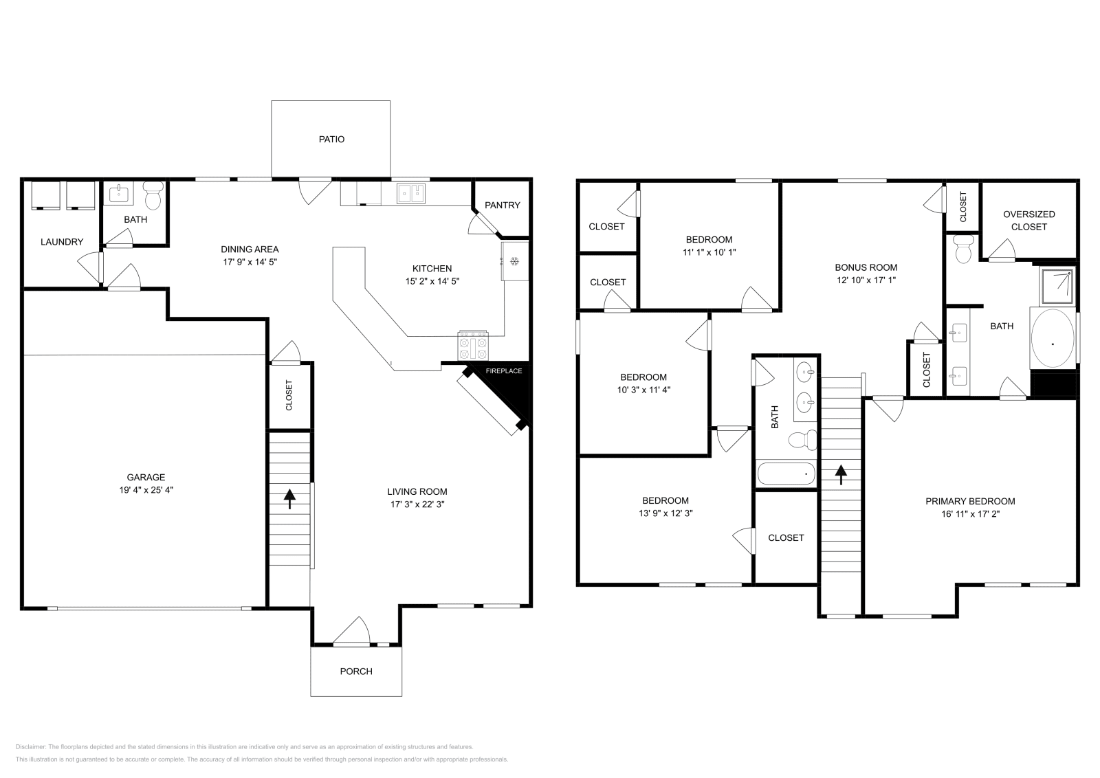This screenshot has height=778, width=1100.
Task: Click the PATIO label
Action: (331, 140)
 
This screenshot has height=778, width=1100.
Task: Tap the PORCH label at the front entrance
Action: (356, 671)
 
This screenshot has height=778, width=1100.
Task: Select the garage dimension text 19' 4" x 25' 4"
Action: (146, 490)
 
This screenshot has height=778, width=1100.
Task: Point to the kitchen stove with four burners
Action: (474, 345)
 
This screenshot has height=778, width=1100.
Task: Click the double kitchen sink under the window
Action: (412, 194)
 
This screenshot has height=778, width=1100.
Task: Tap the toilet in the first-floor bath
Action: (153, 195)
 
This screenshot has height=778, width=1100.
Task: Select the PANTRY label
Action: (503, 205)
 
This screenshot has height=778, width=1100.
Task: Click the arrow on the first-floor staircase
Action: (289, 498)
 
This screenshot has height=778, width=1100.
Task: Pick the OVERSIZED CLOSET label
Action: (1028, 221)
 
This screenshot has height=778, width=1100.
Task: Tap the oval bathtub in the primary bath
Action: (1053, 340)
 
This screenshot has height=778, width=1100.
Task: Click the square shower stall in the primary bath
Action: (1057, 287)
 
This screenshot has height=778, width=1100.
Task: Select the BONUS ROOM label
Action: (866, 267)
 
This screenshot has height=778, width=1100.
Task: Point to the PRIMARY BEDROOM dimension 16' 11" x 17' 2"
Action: (970, 513)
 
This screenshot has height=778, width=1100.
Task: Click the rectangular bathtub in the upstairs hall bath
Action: (785, 474)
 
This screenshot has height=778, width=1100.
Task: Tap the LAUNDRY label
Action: (62, 242)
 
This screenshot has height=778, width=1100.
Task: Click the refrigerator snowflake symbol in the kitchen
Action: (513, 260)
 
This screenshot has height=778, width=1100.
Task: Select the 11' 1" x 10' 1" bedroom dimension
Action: (709, 252)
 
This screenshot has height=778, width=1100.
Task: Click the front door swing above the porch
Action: (352, 632)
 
